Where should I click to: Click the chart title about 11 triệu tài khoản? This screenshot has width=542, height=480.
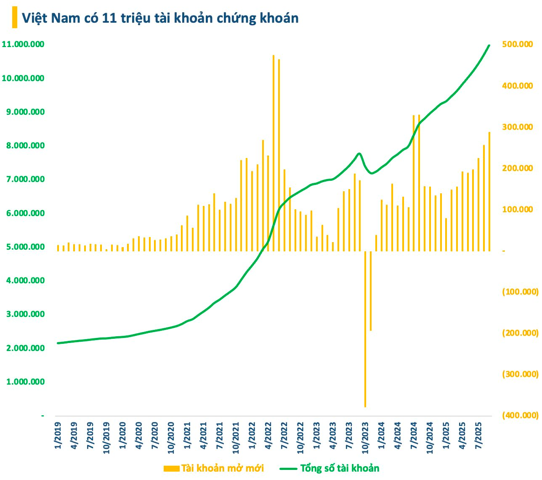click(160, 18)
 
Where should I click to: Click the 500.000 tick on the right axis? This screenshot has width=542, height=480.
click(517, 44)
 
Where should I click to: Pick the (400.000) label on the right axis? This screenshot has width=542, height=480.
click(520, 415)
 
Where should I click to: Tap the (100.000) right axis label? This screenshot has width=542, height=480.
click(520, 292)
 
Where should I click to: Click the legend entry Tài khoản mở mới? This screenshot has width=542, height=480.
click(214, 468)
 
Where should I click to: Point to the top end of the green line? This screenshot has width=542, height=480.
click(489, 45)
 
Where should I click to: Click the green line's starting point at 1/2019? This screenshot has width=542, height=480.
click(58, 343)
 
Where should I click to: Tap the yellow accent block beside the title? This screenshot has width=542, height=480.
click(15, 18)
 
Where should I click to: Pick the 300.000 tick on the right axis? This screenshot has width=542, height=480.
click(517, 127)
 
